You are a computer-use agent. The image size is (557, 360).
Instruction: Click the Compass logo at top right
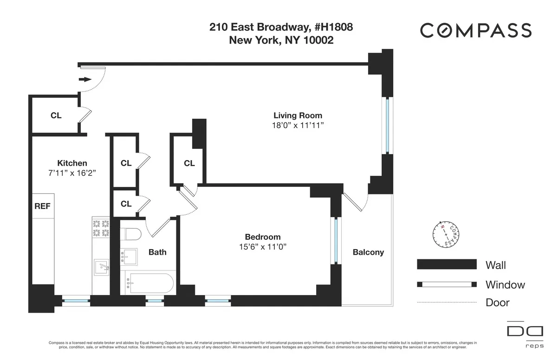pos(475,31)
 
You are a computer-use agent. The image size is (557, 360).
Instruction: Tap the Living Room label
pos(298,116)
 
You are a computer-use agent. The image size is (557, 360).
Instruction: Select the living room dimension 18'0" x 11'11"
pos(298,125)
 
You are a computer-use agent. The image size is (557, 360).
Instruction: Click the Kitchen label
pos(72,163)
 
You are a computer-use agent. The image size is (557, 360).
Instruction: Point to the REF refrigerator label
pos(42,206)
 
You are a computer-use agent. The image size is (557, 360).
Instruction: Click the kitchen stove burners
pos(101,228)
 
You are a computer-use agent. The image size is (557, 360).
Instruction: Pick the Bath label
pos(157,252)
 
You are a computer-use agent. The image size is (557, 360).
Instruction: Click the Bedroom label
pos(263,237)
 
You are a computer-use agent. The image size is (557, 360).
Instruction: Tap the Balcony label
pos(369,252)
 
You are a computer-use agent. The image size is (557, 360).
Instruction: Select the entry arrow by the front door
pos(85,79)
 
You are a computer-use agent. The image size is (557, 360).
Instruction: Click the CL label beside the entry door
pos(56,116)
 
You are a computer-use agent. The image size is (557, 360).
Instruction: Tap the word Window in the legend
pos(505,284)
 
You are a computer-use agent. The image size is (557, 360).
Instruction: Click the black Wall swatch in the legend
pos(447,264)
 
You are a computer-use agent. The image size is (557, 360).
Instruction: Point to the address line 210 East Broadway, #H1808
pos(281,27)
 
